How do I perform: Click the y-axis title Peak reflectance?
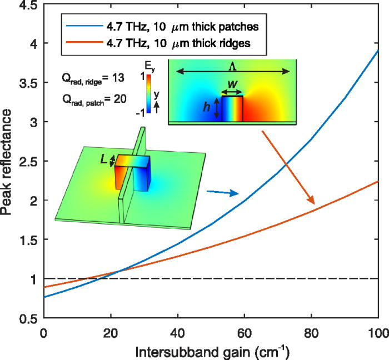pyautogui.click(x=11, y=161)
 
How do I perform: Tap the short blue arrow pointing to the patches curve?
pyautogui.click(x=222, y=192)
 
